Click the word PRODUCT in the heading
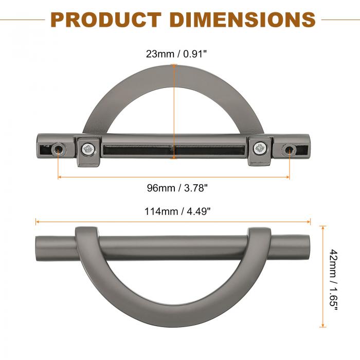106,20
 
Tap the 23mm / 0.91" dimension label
176,54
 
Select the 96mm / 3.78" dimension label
177,188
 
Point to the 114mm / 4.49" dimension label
177,211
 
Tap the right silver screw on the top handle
260,148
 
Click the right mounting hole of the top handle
289,150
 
